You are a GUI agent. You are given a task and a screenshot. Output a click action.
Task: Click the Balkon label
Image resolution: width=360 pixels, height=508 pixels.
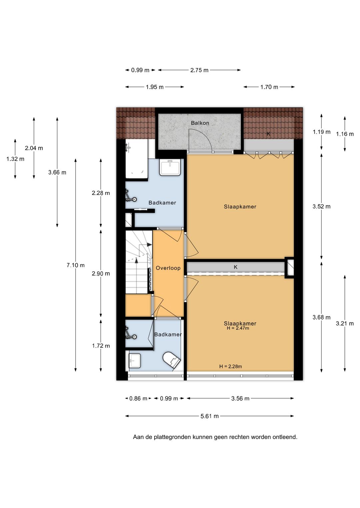[x=200, y=123]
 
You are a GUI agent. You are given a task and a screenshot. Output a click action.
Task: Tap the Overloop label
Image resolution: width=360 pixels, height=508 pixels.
[x=168, y=268]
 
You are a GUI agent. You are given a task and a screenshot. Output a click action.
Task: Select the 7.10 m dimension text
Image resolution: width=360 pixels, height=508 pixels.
[x=75, y=265]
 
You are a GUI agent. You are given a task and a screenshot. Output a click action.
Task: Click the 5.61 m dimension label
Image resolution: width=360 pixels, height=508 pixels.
[x=209, y=416]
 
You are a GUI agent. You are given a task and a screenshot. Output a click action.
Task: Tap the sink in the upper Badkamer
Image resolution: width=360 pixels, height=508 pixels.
[x=170, y=167]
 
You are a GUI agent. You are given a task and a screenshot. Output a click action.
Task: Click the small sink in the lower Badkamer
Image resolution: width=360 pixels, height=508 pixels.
[x=135, y=361]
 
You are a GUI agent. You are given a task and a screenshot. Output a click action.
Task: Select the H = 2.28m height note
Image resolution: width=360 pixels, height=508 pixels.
[x=230, y=366]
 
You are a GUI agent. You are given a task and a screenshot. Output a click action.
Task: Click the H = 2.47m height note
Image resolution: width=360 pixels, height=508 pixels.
[x=238, y=328]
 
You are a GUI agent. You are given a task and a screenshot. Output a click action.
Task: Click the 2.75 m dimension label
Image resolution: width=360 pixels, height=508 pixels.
[x=199, y=70]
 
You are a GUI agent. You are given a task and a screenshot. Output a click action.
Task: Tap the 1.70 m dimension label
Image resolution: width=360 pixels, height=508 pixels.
[x=269, y=87]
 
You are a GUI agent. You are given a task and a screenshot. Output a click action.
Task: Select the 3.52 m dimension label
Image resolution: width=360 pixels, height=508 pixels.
[x=321, y=206]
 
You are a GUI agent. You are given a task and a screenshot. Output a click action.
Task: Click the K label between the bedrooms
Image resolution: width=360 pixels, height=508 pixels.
[x=236, y=267]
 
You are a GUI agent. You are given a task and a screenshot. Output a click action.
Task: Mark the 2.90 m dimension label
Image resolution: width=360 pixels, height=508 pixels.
[x=101, y=274]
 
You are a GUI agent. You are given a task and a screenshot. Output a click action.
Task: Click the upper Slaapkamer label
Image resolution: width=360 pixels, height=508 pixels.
[x=240, y=207]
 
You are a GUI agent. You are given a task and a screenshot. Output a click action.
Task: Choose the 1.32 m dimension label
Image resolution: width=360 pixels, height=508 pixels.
[x=15, y=159]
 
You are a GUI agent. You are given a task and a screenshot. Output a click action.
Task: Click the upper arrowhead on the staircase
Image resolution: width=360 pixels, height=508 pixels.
[x=149, y=244]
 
